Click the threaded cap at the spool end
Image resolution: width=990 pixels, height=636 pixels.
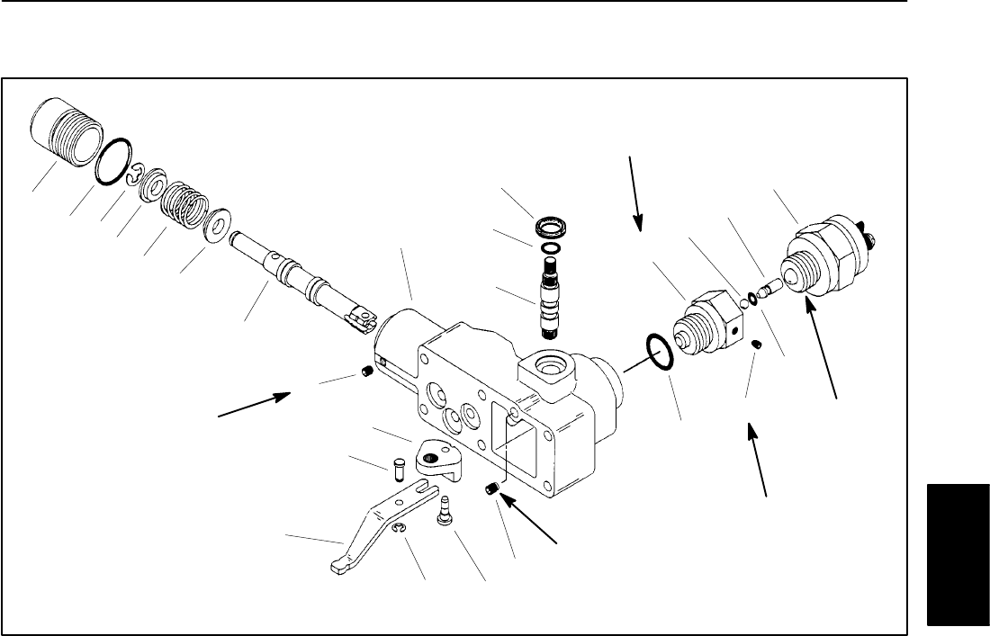(x=64, y=134)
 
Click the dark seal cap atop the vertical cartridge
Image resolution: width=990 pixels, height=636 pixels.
(x=549, y=225)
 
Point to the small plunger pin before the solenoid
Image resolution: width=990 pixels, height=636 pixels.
(x=768, y=287)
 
